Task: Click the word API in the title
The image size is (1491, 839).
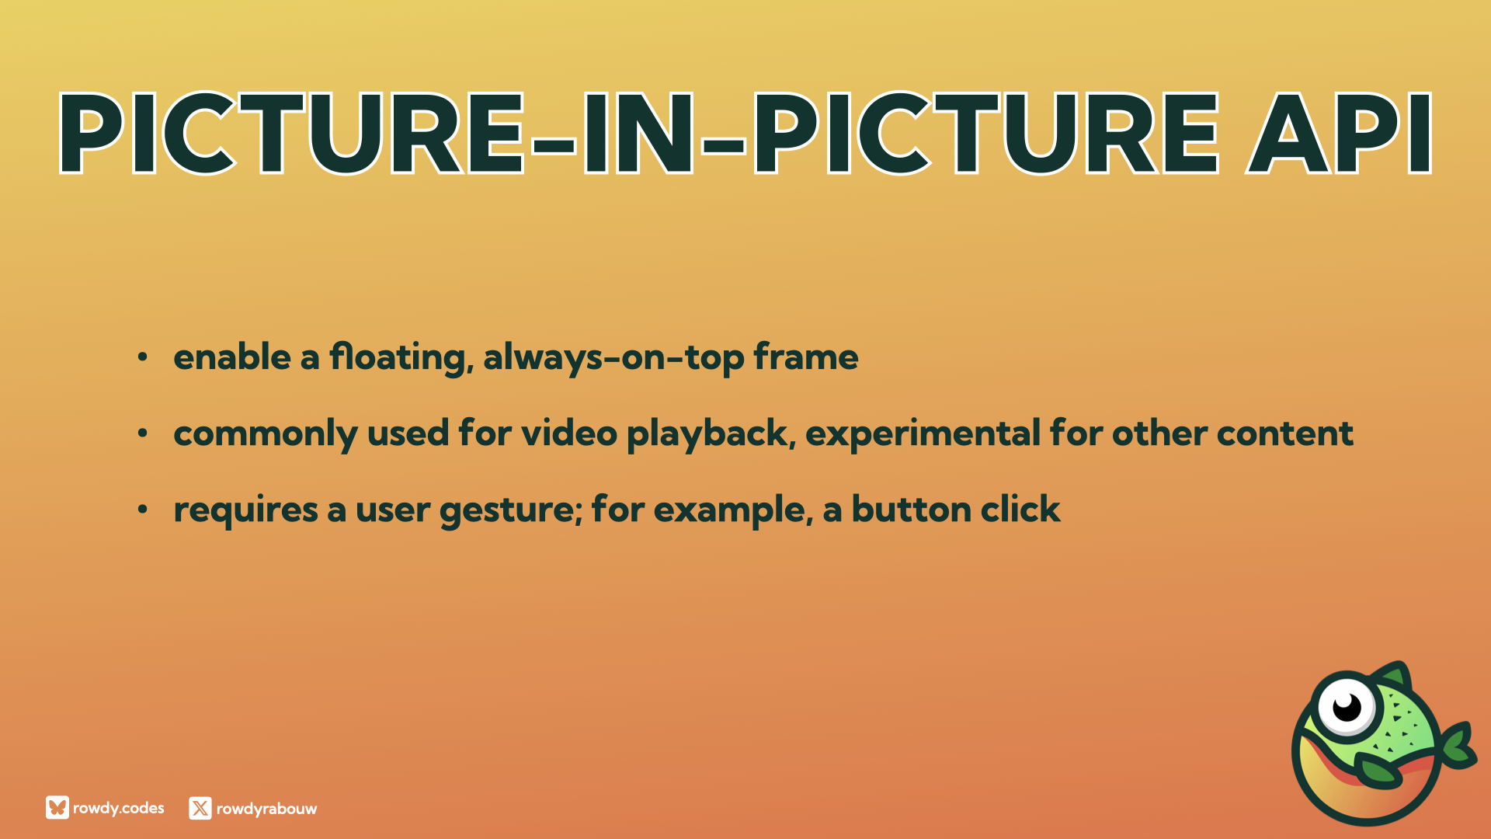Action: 1339,133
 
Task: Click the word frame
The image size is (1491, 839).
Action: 806,357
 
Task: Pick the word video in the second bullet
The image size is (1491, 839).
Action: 569,433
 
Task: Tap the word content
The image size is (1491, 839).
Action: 1285,433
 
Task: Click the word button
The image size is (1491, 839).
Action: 912,510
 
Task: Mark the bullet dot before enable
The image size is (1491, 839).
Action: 142,357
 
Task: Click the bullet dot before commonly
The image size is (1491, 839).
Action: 142,433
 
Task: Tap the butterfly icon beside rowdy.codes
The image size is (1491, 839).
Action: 57,808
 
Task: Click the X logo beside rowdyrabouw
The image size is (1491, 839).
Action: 200,808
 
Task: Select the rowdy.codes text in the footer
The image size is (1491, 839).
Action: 119,808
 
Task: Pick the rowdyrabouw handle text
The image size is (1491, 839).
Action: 266,809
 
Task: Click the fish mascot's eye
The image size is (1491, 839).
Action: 1346,708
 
